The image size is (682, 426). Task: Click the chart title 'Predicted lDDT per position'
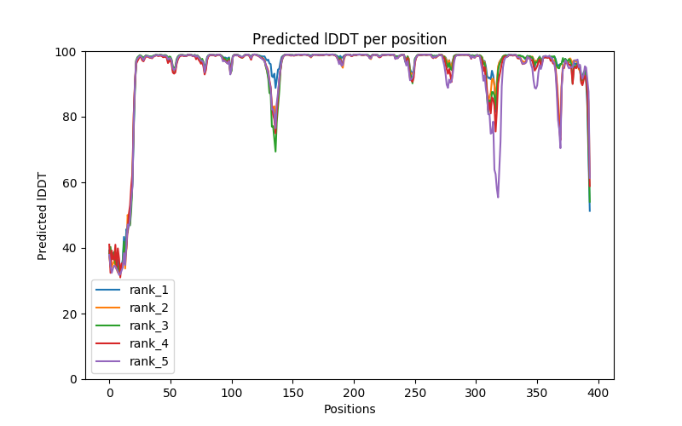[x=350, y=40]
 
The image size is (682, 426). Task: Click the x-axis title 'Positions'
[x=350, y=409]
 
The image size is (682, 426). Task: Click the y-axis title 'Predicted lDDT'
[x=43, y=215]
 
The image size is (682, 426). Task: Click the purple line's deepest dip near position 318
[x=498, y=198]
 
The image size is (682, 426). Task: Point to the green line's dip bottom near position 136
[x=275, y=151]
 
